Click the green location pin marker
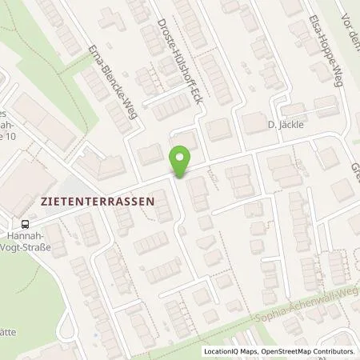pos(182,161)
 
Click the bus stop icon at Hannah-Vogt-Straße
pos(26,225)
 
